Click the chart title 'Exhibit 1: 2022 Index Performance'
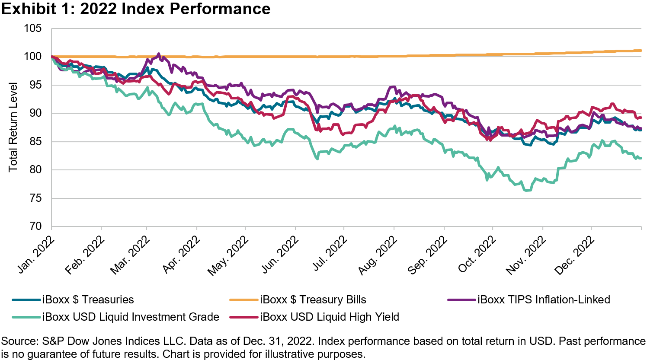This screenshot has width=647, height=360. [x=136, y=9]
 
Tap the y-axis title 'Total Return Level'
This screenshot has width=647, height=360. [x=13, y=127]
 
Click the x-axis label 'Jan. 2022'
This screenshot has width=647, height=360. [x=35, y=254]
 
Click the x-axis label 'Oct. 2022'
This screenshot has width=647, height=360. [x=477, y=254]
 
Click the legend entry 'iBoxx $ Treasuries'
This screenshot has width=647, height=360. [x=88, y=299]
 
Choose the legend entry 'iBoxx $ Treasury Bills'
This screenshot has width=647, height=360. [x=313, y=299]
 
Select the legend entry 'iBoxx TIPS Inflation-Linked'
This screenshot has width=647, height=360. [x=544, y=299]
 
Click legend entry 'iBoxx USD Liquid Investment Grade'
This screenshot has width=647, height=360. [x=131, y=317]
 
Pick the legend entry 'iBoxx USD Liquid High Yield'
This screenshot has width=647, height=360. [x=329, y=317]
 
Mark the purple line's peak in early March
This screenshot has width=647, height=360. [x=158, y=54]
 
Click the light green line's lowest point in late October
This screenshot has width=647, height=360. [x=527, y=190]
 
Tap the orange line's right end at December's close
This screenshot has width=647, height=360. [x=641, y=51]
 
